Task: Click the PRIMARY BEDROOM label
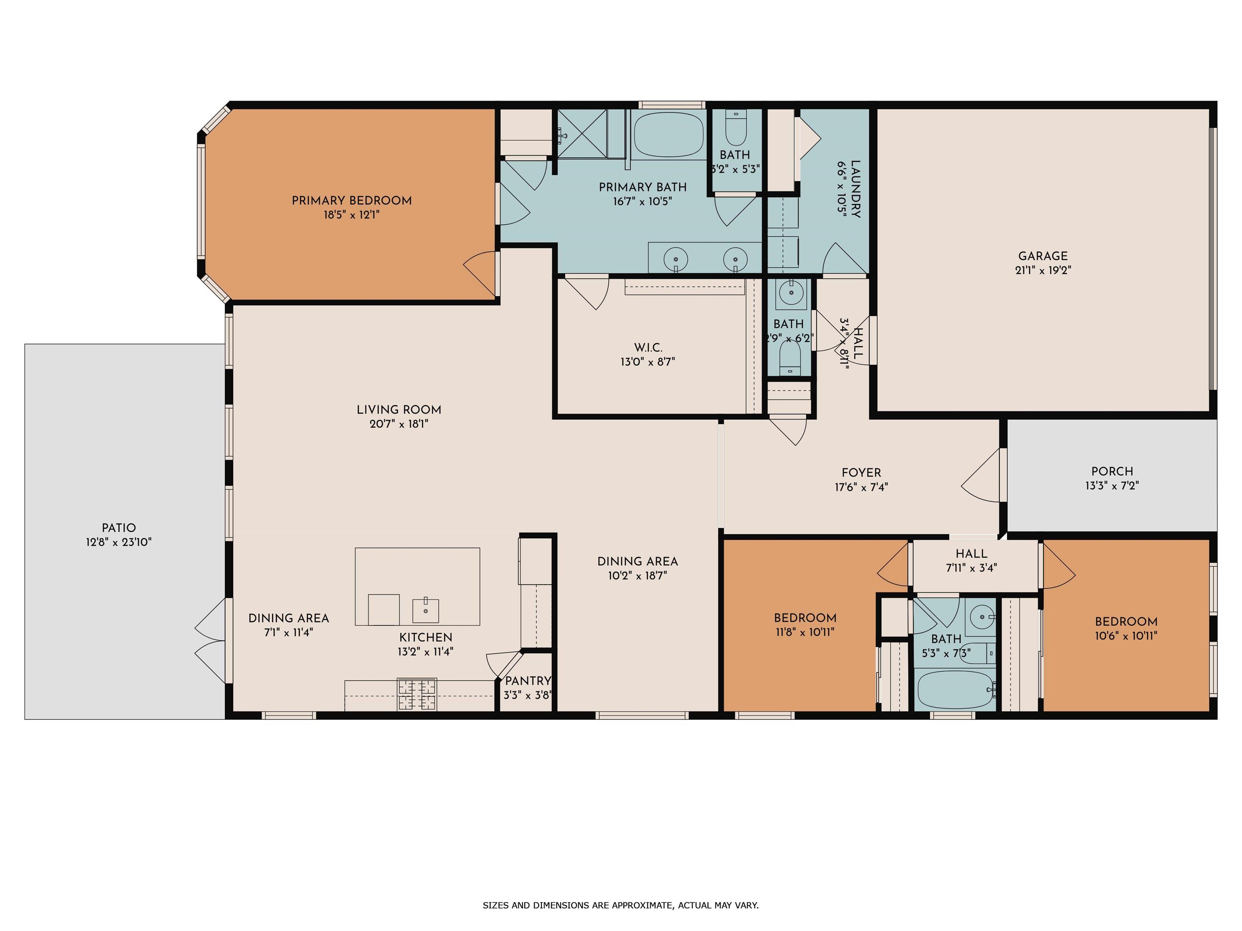351,200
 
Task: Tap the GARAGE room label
1043,256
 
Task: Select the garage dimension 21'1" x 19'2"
1043,270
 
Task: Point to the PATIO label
118,528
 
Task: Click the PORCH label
1112,472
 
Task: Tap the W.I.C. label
648,348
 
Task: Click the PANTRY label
528,681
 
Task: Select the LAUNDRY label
855,189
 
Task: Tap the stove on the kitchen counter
416,695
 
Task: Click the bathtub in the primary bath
669,135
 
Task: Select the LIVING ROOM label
399,410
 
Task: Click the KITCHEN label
426,638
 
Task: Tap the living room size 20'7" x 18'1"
399,424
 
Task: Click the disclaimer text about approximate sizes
621,905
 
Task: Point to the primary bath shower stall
582,134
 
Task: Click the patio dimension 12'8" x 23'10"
118,543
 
